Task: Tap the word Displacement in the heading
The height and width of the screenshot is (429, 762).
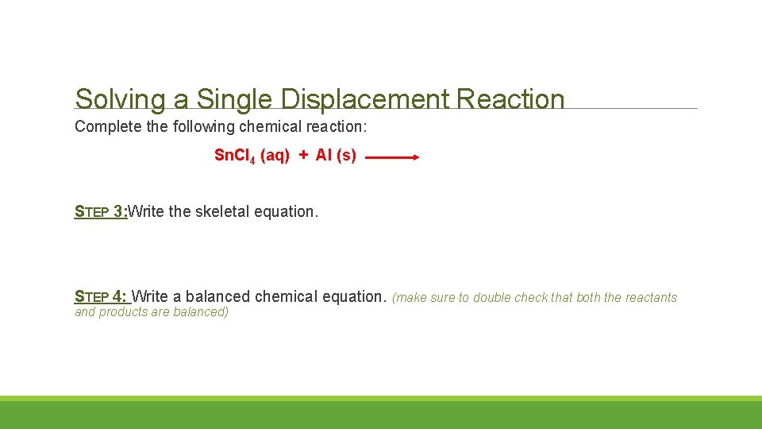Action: pyautogui.click(x=364, y=100)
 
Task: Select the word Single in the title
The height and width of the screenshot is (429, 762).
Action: pyautogui.click(x=234, y=100)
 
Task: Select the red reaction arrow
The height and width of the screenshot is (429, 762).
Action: pyautogui.click(x=392, y=157)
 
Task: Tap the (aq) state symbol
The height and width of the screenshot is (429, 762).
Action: pyautogui.click(x=275, y=156)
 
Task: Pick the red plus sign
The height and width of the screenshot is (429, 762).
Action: pyautogui.click(x=303, y=156)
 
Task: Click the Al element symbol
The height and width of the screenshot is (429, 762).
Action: pyautogui.click(x=323, y=156)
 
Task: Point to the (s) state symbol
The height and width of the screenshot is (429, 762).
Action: pyautogui.click(x=347, y=156)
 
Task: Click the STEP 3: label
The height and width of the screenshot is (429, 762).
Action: pyautogui.click(x=101, y=211)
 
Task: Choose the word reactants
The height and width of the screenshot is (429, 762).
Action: pyautogui.click(x=651, y=298)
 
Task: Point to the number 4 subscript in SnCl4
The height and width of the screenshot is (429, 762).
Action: pyautogui.click(x=253, y=159)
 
